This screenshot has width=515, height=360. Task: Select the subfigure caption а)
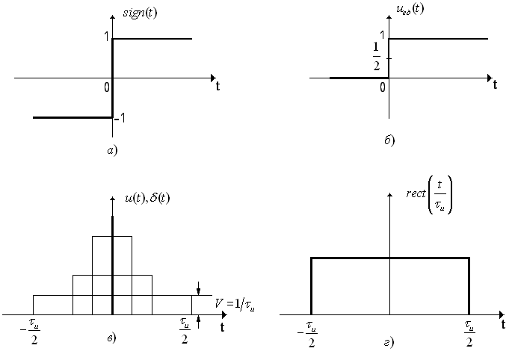[111, 150]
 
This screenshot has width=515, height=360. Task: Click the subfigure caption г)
[389, 343]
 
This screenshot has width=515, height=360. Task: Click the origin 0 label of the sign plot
[107, 86]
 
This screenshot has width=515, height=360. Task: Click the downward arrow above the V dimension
[198, 288]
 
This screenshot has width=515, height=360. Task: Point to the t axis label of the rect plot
[503, 324]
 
